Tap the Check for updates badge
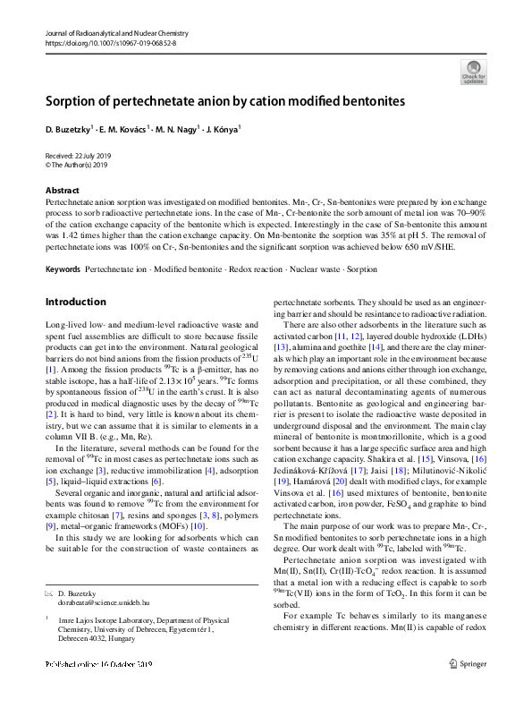coord(473,70)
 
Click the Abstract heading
coord(63,191)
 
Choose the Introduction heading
coord(76,302)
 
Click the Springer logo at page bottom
coord(469,688)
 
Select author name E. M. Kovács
coord(120,130)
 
